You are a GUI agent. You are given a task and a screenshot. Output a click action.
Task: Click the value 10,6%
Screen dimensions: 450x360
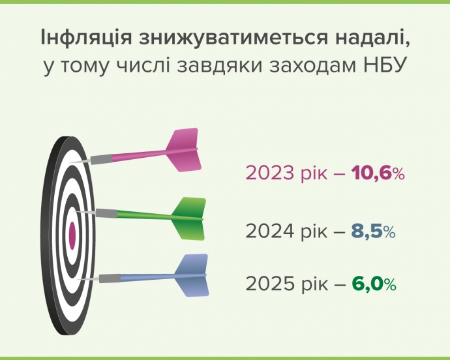[x=378, y=173]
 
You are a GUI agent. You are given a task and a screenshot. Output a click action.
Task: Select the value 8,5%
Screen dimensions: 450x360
[x=374, y=232]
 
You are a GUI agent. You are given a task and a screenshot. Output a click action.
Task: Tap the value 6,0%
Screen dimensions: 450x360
[x=374, y=284]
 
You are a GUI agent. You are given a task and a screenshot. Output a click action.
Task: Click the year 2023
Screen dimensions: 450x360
[x=270, y=173]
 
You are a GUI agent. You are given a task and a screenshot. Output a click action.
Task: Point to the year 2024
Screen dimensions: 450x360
[x=270, y=232]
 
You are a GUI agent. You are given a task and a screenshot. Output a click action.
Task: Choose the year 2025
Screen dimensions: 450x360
[x=270, y=284]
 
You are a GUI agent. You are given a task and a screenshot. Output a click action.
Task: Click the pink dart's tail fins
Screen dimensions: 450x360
[x=184, y=150]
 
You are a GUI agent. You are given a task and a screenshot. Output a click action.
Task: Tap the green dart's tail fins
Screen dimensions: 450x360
[x=189, y=218]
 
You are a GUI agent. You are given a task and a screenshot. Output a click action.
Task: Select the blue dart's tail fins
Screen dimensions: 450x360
[x=192, y=275]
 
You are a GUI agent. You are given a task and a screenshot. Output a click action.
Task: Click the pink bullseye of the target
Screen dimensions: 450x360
[x=72, y=235]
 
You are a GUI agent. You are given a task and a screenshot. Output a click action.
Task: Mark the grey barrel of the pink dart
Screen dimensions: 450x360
[x=102, y=159]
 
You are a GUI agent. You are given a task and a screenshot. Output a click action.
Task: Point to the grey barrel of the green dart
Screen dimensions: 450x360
[x=106, y=213]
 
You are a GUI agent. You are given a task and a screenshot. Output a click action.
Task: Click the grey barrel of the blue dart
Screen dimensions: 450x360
[x=110, y=278]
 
